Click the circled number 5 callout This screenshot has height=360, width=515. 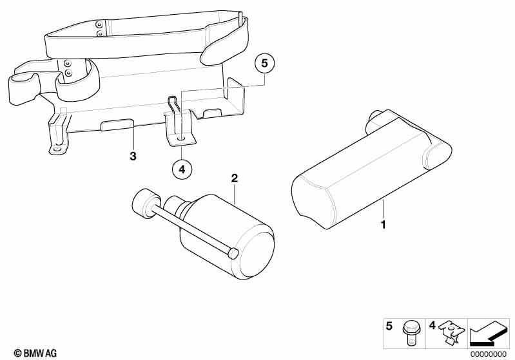pos(264,64)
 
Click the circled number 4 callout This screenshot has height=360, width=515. pos(182,169)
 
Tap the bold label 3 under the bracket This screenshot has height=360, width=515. pos(133,156)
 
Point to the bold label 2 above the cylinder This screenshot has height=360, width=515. pos(235,176)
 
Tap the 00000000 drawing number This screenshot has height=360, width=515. pos(489,354)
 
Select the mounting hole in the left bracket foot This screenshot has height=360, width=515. pos(57,149)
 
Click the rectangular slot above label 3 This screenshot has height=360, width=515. pos(117,125)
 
